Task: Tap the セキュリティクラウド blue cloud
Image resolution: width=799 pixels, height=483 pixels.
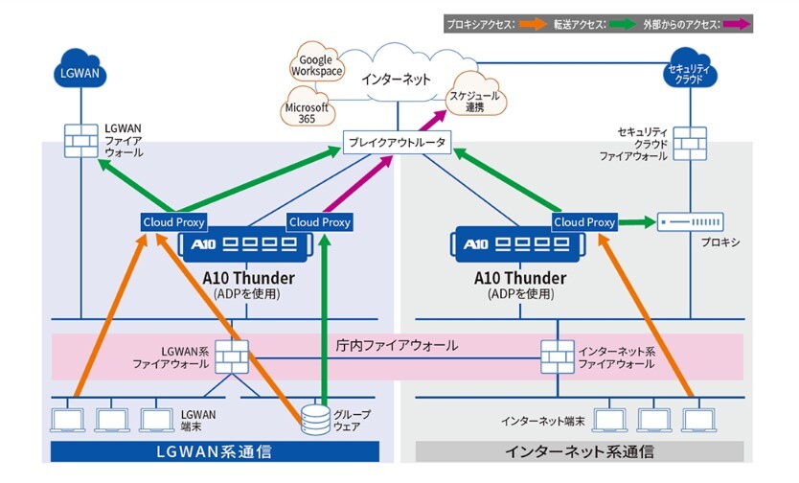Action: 690,73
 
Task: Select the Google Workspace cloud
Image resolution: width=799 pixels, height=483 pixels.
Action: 316,66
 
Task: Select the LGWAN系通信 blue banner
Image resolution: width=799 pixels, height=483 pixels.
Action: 216,451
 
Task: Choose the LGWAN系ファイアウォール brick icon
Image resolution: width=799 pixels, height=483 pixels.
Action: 230,356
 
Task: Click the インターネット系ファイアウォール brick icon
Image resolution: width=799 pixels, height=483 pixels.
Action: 558,355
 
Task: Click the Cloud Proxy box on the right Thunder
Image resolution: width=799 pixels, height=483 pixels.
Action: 584,222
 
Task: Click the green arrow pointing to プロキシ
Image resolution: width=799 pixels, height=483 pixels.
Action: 636,222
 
